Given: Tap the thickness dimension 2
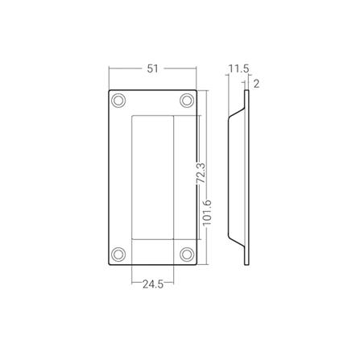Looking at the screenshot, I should click(255, 83).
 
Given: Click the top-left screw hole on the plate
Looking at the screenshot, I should click(119, 101).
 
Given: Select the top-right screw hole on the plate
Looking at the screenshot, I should click(187, 101).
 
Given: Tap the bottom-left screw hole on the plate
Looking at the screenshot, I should click(119, 253).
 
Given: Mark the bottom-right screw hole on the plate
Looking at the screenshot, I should click(187, 253).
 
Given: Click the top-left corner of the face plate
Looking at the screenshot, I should click(109, 90).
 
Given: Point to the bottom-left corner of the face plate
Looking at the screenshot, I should click(109, 264).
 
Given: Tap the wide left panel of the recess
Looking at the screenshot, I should click(151, 177).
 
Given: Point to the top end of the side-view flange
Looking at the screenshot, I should click(249, 92).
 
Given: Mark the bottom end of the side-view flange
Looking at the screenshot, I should click(249, 263).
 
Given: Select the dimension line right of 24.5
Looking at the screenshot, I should click(171, 283).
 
